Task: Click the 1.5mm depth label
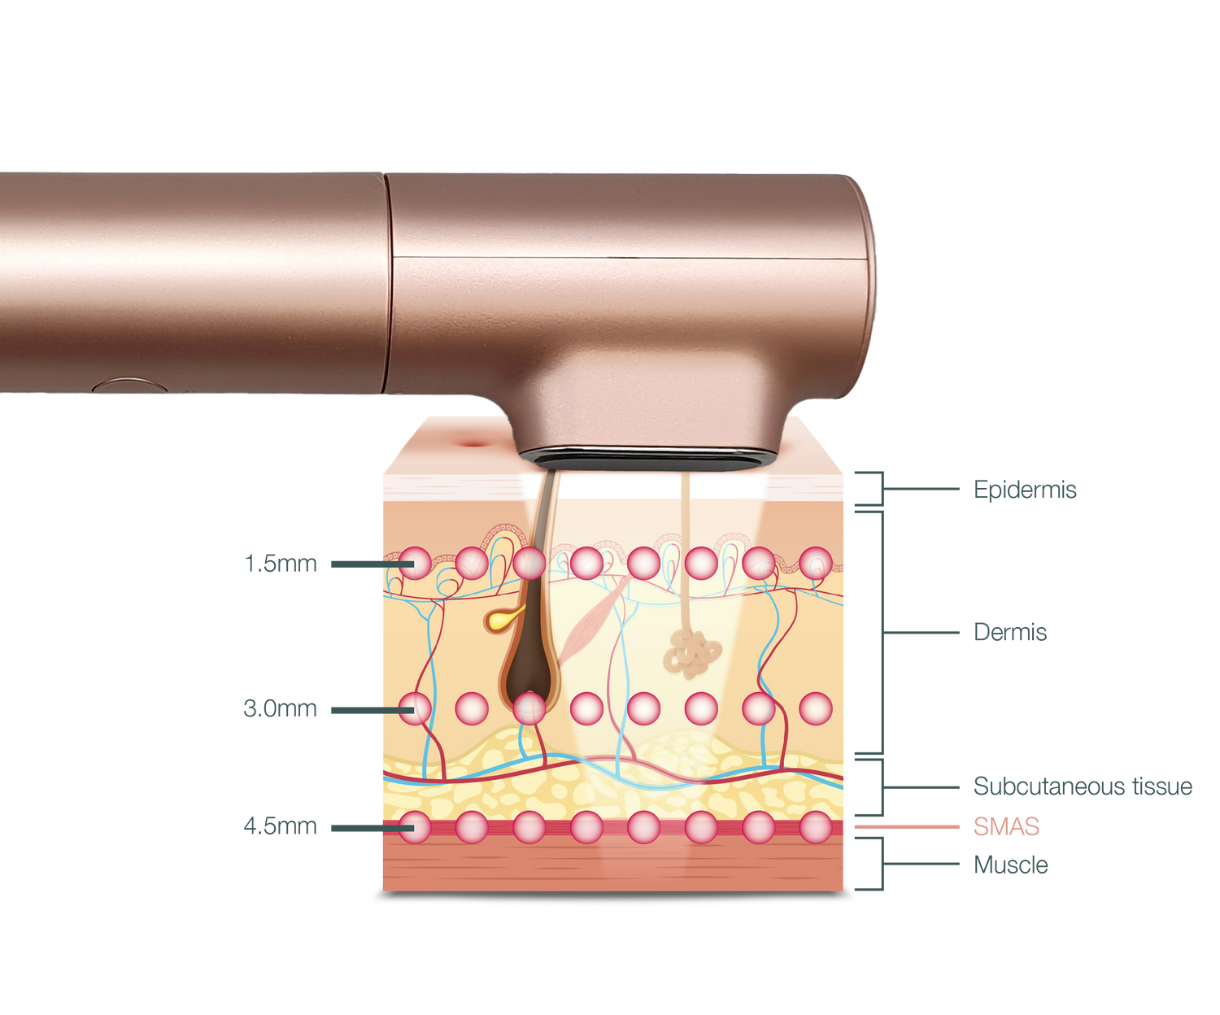[x=281, y=563]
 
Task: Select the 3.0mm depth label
[x=281, y=708]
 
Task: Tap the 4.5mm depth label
[x=281, y=826]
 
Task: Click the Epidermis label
[x=1025, y=490]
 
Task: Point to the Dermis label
[x=1010, y=632]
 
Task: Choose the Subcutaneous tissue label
[x=1083, y=786]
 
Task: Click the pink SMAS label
[x=1006, y=827]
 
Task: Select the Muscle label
[x=1010, y=865]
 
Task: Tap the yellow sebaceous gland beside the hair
[x=498, y=620]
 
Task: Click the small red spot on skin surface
[x=471, y=442]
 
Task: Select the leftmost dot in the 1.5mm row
[x=415, y=563]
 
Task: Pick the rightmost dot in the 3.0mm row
[x=816, y=709]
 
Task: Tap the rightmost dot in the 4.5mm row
[x=816, y=827]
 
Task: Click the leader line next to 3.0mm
[x=366, y=710]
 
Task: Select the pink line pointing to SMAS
[x=907, y=827]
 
